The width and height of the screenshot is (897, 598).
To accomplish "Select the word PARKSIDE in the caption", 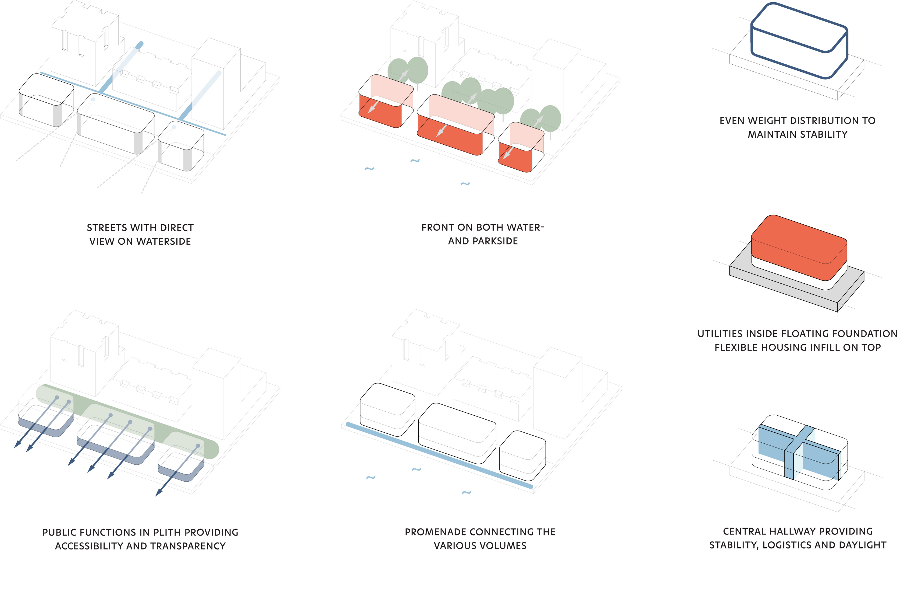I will [x=495, y=241].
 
